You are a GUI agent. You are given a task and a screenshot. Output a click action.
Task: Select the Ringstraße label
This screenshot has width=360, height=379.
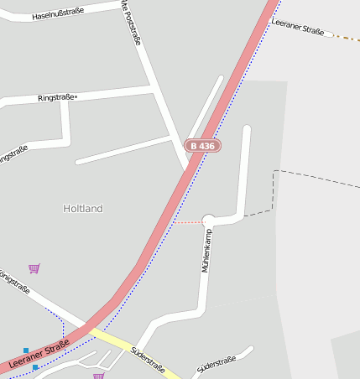click(56, 98)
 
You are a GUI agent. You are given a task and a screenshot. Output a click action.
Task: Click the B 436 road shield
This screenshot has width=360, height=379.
click(202, 146)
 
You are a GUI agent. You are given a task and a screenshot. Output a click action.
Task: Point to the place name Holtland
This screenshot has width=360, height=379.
click(83, 208)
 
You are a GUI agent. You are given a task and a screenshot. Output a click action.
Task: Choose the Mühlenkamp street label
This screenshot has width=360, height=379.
click(206, 251)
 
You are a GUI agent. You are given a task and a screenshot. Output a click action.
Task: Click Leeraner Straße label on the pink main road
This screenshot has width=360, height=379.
click(39, 356)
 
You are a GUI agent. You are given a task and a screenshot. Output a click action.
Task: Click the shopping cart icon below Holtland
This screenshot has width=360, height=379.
click(34, 268)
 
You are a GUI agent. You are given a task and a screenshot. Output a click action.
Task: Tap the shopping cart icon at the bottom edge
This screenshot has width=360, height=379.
click(99, 376)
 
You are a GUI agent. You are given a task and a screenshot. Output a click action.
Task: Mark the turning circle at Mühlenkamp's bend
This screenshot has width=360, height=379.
click(209, 221)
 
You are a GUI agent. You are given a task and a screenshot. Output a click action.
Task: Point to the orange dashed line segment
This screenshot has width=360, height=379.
click(347, 38)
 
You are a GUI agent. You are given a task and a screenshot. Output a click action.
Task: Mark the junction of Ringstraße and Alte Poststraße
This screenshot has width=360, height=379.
click(152, 86)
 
